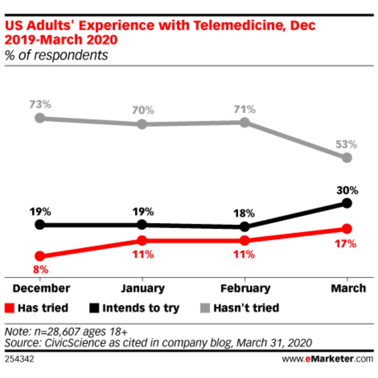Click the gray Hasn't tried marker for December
tap(40, 118)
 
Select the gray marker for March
tap(346, 158)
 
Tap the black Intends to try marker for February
tap(245, 227)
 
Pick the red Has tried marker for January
tap(142, 240)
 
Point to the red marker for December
tap(40, 256)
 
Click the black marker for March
tap(346, 203)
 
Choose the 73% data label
tap(40, 104)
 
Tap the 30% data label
tap(346, 190)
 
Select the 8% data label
tap(40, 270)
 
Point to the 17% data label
tap(346, 243)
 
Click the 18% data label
tap(245, 213)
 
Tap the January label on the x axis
tap(142, 288)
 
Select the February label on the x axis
tap(245, 288)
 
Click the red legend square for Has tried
tap(10, 308)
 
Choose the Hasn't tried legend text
tap(246, 308)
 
